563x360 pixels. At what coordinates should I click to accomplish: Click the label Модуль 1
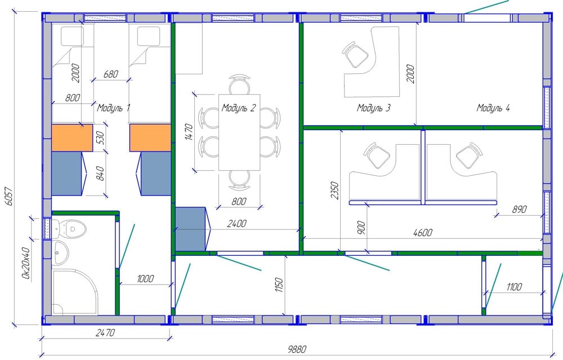click(114, 108)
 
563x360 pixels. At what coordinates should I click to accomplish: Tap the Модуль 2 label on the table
click(238, 108)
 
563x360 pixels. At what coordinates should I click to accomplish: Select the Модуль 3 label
click(373, 108)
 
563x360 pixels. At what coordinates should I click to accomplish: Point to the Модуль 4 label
click(493, 108)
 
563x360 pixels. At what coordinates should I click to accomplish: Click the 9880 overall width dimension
click(297, 349)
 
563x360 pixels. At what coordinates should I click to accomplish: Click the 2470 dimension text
click(105, 333)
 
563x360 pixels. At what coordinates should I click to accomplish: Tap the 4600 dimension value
click(423, 233)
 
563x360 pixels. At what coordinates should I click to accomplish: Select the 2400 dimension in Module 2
click(236, 224)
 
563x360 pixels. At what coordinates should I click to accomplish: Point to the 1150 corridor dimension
click(279, 285)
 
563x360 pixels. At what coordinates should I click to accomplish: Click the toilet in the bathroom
click(71, 229)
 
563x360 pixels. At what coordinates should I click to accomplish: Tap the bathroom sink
click(60, 252)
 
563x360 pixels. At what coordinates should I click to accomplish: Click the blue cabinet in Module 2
click(191, 229)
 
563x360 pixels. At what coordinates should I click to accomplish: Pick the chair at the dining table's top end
click(239, 85)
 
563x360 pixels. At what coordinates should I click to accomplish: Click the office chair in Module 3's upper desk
click(355, 55)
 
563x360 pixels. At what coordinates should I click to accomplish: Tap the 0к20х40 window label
click(25, 263)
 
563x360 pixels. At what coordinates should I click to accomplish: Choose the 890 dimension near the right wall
click(519, 209)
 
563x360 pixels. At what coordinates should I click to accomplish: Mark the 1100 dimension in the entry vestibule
click(514, 287)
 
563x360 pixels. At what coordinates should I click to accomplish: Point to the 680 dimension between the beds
click(110, 74)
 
